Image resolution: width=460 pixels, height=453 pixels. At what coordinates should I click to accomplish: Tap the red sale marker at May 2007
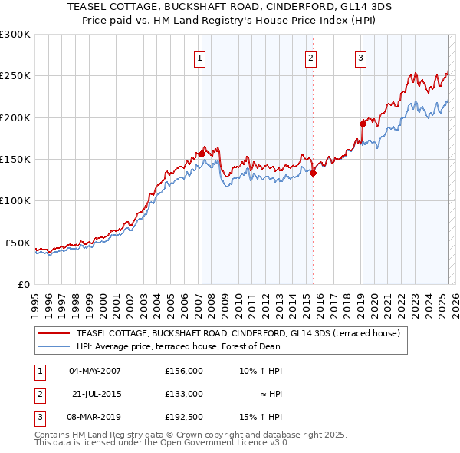click(x=202, y=154)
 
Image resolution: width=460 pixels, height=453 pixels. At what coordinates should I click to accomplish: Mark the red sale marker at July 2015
click(x=314, y=174)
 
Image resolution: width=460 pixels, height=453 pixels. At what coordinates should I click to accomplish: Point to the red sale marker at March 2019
click(x=363, y=123)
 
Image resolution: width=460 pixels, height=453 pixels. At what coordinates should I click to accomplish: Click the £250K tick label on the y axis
click(x=15, y=76)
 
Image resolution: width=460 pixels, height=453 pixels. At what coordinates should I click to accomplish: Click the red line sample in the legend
click(x=54, y=333)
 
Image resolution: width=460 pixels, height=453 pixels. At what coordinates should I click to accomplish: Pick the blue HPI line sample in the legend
click(x=54, y=346)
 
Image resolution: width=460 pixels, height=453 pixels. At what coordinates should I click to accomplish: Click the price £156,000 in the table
click(x=184, y=371)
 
